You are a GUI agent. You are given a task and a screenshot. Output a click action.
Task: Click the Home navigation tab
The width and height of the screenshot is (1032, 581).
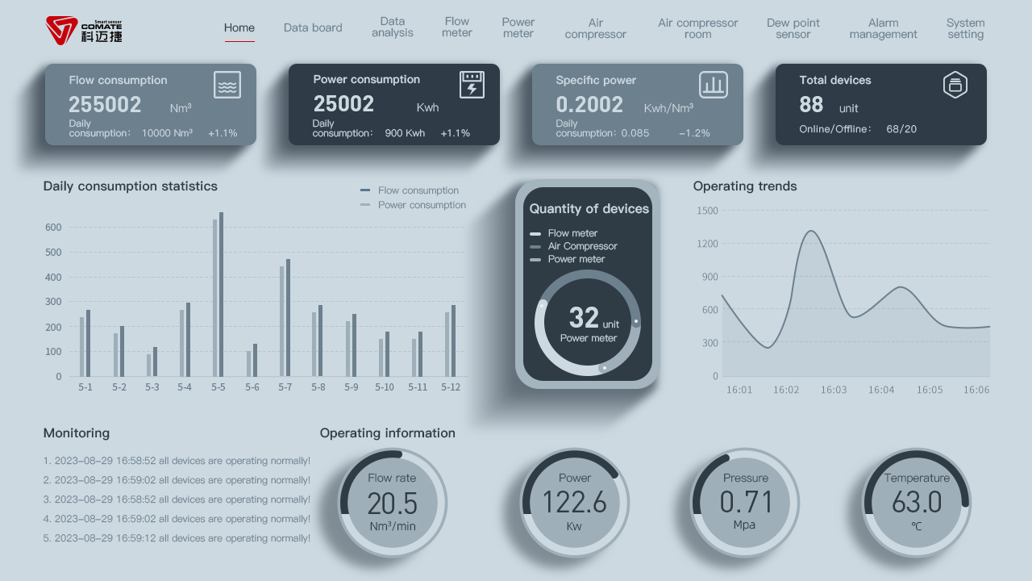[x=239, y=27]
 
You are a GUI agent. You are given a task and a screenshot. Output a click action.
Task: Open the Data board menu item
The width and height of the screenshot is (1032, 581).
[x=313, y=27]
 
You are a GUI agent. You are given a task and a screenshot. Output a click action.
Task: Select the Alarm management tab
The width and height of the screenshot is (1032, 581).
[x=883, y=29]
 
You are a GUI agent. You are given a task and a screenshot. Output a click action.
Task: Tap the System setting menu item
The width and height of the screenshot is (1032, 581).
[x=965, y=29]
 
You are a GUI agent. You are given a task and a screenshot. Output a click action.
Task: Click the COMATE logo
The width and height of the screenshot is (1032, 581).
[x=84, y=30]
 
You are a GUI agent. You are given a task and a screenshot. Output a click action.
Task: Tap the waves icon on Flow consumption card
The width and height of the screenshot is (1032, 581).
[x=227, y=85]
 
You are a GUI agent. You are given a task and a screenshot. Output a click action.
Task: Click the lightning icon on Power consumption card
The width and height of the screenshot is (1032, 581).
[x=472, y=85]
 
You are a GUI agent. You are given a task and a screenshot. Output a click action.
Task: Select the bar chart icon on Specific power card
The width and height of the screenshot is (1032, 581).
[x=714, y=85]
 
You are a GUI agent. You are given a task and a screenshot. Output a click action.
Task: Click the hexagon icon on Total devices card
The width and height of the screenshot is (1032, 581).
[x=955, y=85]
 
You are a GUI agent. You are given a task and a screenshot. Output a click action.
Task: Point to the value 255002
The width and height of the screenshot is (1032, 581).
[x=105, y=105]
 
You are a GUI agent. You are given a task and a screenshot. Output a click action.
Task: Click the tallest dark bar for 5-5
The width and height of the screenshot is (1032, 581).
[x=221, y=295]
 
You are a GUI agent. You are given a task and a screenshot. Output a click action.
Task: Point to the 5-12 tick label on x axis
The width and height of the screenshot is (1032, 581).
[x=451, y=387]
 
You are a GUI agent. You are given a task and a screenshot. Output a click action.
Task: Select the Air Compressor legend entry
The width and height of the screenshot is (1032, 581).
[x=582, y=246]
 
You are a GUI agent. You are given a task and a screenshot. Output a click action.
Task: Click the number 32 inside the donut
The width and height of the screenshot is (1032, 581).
[x=584, y=318]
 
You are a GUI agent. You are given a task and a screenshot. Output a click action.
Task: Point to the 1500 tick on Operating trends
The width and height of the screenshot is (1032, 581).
[x=707, y=211]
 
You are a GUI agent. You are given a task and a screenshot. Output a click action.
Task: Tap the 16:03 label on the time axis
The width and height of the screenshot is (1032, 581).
[x=834, y=390]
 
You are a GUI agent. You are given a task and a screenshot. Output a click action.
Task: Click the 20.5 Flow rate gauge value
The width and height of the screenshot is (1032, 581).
[x=393, y=504]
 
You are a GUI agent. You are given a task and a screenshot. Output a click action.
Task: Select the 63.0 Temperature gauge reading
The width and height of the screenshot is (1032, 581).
[x=917, y=503]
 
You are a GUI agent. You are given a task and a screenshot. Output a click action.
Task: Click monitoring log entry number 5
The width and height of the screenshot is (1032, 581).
[x=177, y=538]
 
